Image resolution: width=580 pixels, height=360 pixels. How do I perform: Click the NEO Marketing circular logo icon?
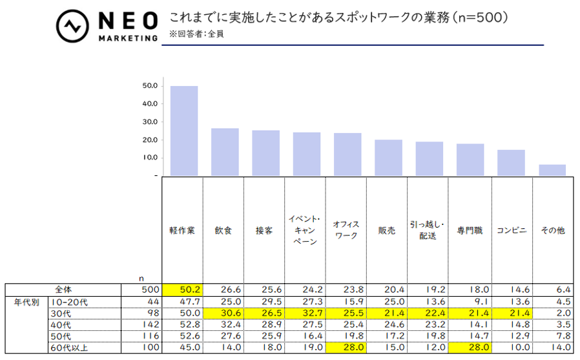72,26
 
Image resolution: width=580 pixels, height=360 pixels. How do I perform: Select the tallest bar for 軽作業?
184,130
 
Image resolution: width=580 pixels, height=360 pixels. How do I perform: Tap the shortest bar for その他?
552,169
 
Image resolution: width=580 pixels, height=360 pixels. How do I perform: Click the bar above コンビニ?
511,162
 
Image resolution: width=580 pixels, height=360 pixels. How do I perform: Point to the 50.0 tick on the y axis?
150,85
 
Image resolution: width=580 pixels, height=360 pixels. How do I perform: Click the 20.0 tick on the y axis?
150,140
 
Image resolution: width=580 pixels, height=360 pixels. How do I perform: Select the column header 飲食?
223,230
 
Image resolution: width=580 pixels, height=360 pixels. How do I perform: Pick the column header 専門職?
470,230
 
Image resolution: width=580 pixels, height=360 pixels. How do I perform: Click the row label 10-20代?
69,302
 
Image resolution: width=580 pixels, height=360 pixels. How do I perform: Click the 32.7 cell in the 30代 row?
306,313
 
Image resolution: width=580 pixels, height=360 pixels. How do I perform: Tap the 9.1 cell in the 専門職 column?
471,302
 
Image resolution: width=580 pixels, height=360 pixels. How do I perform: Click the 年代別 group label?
26,302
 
